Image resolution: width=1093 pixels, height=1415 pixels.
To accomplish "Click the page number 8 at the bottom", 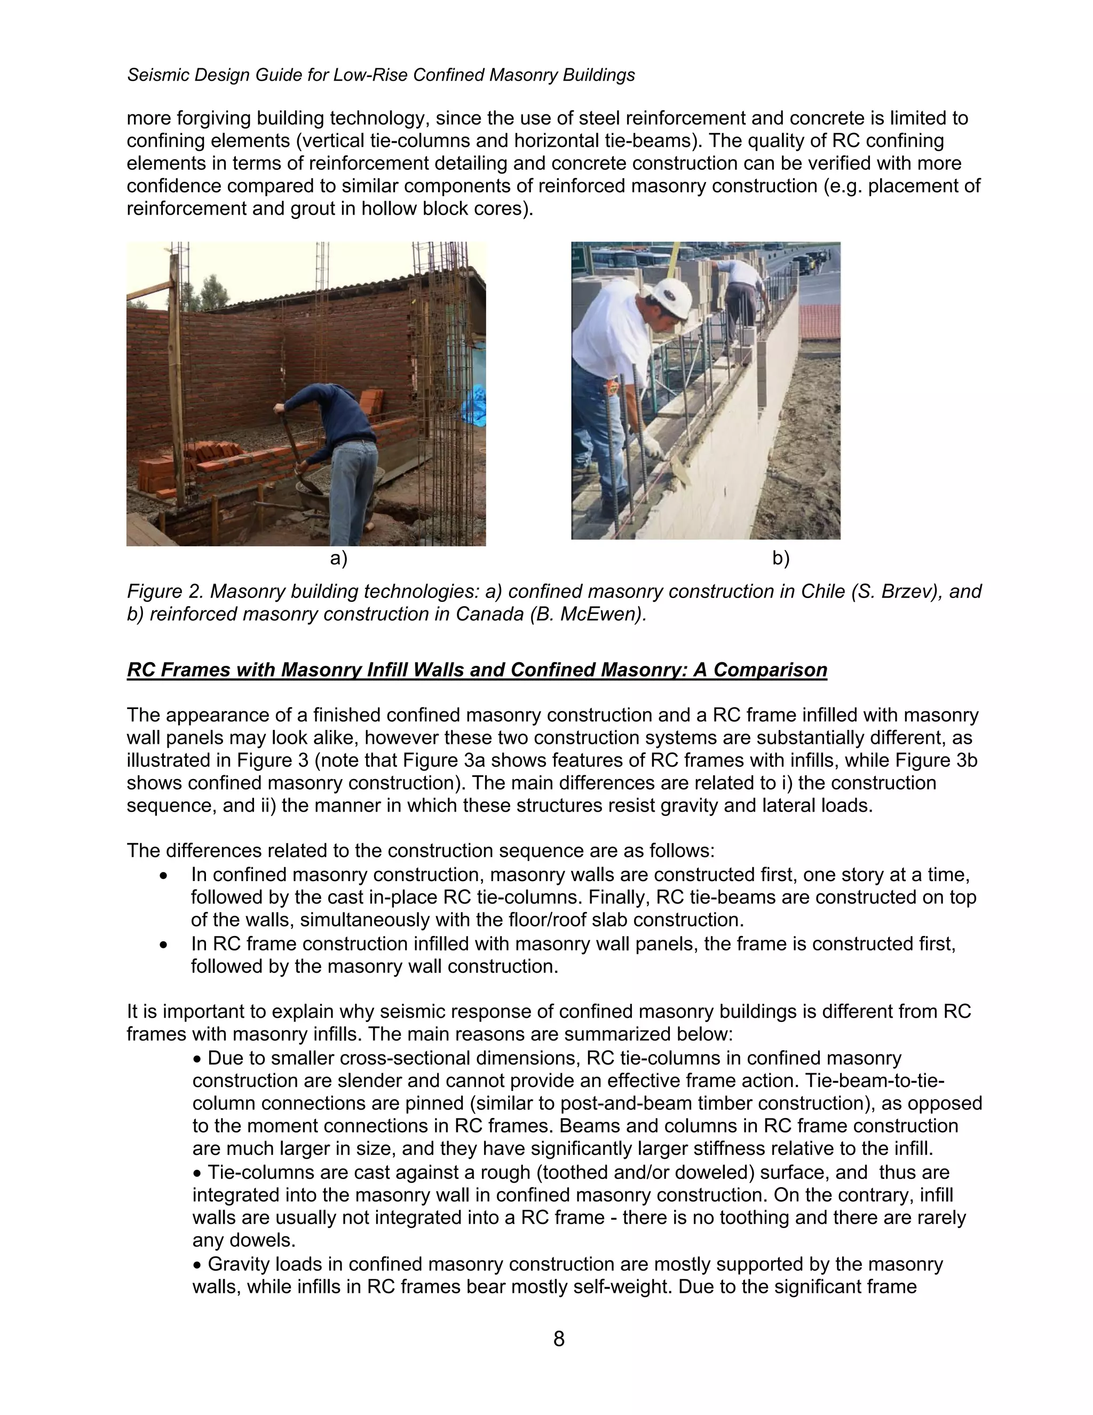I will pyautogui.click(x=559, y=1339).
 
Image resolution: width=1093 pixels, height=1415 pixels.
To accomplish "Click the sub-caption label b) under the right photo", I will pyautogui.click(x=781, y=558).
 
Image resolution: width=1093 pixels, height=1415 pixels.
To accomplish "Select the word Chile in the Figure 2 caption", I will pyautogui.click(x=818, y=591).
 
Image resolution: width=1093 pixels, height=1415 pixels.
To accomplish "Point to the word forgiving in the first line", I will pyautogui.click(x=213, y=119).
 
